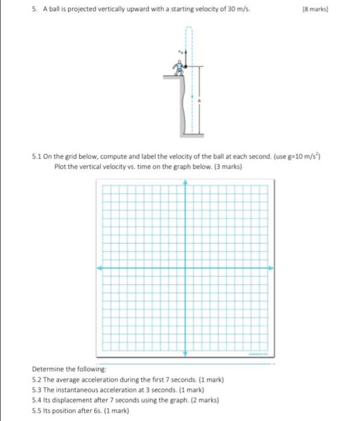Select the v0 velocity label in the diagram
click(x=178, y=52)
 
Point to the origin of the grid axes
click(x=185, y=268)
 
